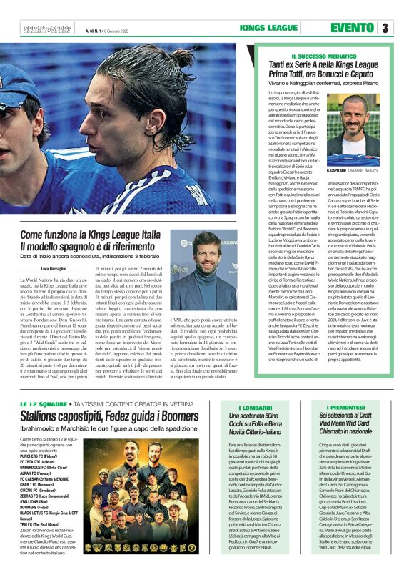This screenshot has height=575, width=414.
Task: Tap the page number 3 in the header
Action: click(x=385, y=29)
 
